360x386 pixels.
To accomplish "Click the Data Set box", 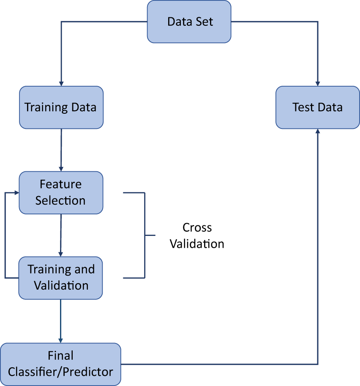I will [x=189, y=22].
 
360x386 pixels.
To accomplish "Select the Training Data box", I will [x=61, y=107].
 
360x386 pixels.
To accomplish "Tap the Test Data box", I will [x=317, y=107].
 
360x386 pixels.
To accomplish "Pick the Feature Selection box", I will [x=61, y=192].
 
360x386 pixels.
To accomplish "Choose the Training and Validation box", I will [x=61, y=277].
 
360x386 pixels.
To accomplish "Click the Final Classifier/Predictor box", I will [x=60, y=364].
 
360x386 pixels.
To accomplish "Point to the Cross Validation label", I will [x=197, y=236].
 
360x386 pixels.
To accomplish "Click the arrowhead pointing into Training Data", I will [x=61, y=83].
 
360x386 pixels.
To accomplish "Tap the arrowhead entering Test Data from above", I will [x=317, y=83].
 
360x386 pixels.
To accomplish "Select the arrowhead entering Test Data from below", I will [x=317, y=131].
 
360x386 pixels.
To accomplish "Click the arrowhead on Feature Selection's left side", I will [x=16, y=192].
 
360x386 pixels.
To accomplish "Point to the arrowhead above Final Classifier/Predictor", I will [x=61, y=340].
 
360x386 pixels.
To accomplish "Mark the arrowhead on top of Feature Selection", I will [x=61, y=169].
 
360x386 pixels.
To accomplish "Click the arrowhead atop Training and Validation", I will [x=61, y=254].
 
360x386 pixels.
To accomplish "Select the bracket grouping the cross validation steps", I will [x=145, y=235].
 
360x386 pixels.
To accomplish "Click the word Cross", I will [x=197, y=227].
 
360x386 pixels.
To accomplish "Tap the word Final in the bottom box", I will [x=60, y=356].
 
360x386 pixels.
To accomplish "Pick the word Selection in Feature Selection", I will [x=60, y=200].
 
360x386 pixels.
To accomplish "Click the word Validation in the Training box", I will [x=61, y=285].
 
